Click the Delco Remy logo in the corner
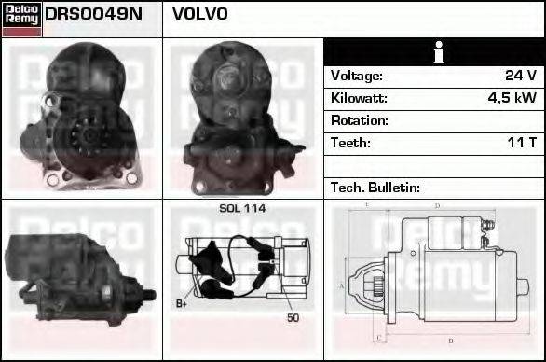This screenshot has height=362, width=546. [21, 19]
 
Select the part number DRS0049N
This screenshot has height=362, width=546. [80, 15]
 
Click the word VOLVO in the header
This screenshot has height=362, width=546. [199, 15]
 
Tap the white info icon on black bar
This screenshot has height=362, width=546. [434, 52]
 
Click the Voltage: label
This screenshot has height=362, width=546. [356, 76]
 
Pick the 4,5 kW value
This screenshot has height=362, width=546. [512, 98]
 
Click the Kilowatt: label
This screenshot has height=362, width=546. [359, 98]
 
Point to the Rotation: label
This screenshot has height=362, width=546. [359, 120]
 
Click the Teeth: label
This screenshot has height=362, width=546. [350, 143]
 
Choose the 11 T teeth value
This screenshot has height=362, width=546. [520, 143]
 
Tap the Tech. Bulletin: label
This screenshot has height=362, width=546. [375, 188]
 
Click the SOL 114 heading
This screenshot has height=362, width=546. [242, 209]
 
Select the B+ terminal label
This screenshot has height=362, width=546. [182, 304]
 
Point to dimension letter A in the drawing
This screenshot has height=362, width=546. [342, 285]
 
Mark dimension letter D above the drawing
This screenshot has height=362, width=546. [437, 206]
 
